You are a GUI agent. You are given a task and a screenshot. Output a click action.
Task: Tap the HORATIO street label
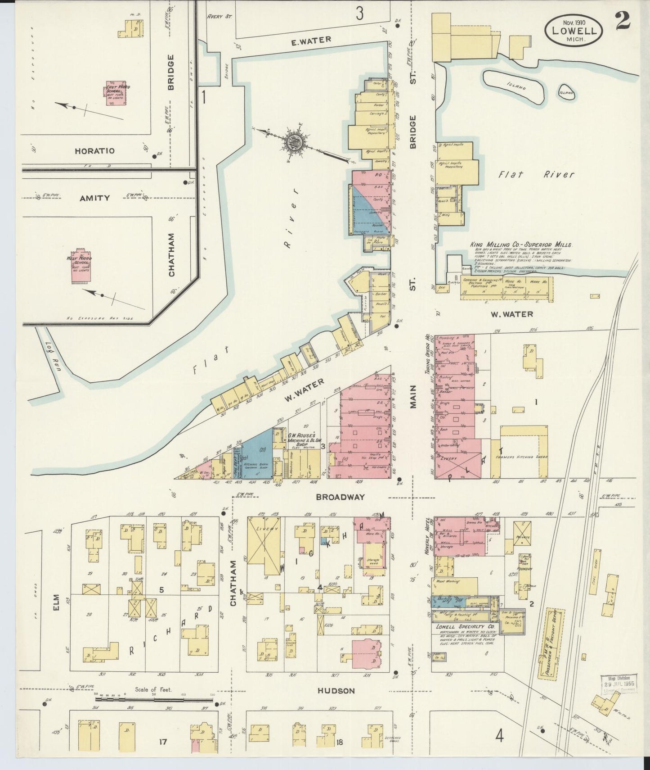pos(94,151)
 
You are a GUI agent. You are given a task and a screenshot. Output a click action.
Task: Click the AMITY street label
pos(94,198)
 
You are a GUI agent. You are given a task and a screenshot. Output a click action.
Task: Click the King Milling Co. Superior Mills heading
pos(520,245)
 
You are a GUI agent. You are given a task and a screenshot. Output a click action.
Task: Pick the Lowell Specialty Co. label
pos(465,626)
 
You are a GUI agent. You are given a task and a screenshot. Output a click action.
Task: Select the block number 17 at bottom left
pos(163,741)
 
